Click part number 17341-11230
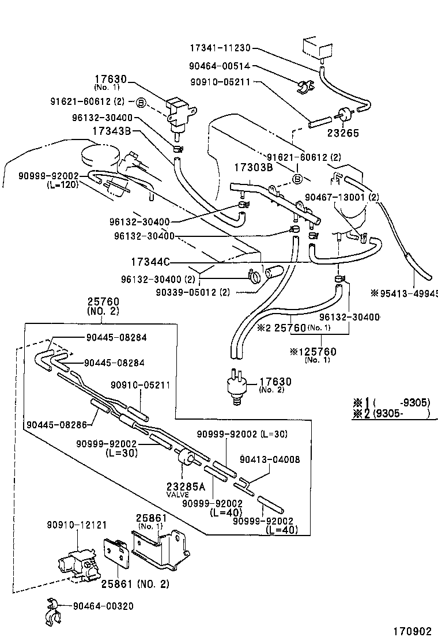click(220, 49)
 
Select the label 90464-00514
click(220, 66)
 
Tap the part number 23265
click(343, 133)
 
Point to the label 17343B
click(112, 131)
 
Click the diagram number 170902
click(413, 631)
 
